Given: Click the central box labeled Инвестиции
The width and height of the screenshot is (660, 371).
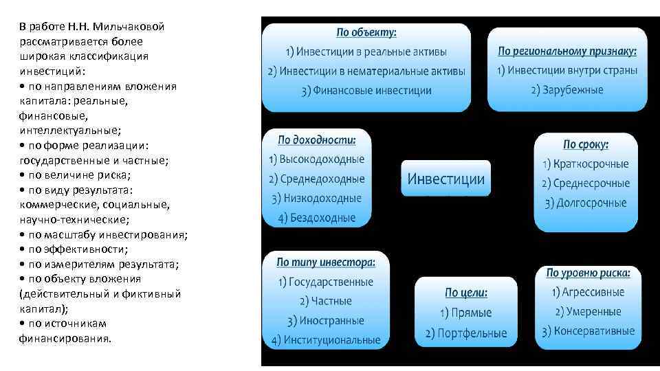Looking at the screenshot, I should (446, 179).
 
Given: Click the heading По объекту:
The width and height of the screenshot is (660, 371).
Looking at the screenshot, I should (366, 32).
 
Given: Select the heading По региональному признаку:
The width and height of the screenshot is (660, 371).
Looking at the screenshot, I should (567, 51).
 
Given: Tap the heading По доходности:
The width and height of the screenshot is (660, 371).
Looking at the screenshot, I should (317, 140).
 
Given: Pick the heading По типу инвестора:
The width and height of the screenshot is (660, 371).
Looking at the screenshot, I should (326, 262).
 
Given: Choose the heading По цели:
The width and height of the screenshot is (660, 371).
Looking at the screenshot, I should (466, 293).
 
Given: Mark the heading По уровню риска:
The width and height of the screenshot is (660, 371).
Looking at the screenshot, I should (588, 273).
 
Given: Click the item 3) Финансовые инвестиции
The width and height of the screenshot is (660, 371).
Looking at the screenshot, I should (366, 91).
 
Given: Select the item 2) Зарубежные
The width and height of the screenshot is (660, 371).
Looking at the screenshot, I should (567, 90).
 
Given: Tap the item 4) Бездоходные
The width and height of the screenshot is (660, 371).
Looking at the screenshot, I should (317, 218).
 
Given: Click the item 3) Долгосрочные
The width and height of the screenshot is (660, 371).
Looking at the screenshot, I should (586, 203).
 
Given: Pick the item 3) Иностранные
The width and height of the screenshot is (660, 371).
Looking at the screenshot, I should (326, 320).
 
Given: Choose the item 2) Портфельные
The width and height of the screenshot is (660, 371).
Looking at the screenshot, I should (466, 333).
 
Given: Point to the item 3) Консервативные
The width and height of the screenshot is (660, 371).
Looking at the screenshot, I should (588, 331).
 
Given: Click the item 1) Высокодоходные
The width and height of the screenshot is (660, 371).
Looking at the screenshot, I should (317, 159).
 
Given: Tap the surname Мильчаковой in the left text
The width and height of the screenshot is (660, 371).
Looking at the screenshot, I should (131, 27).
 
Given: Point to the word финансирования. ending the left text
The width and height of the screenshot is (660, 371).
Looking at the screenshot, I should (65, 338).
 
